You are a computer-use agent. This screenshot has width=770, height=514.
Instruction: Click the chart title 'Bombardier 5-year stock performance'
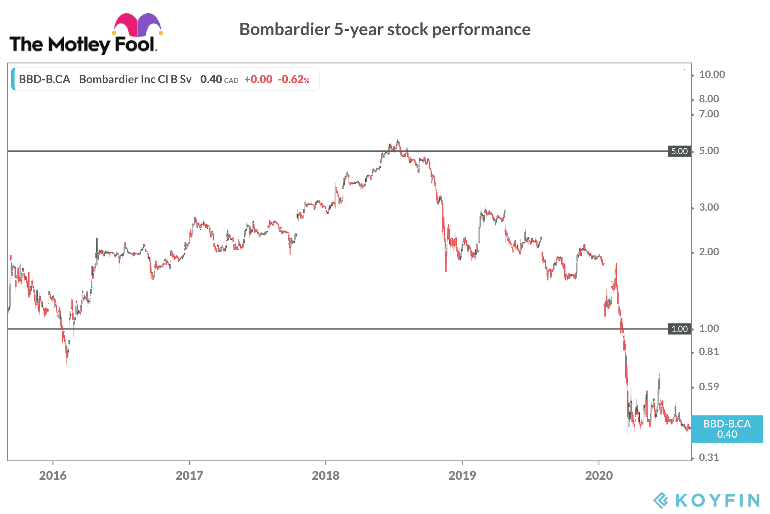click(385, 30)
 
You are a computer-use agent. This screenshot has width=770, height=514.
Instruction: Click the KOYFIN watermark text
click(717, 500)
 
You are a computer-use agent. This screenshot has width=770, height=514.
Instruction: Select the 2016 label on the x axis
click(53, 475)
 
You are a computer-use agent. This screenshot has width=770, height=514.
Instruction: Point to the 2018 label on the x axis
click(326, 475)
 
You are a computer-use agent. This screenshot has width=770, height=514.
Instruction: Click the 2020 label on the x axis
click(598, 475)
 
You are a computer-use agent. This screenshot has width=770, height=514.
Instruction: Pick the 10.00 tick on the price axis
click(712, 75)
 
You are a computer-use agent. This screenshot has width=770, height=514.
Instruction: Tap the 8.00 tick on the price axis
click(709, 99)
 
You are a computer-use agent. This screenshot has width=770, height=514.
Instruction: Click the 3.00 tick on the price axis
click(709, 207)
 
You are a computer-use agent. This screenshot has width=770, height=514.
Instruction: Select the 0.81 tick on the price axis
click(709, 352)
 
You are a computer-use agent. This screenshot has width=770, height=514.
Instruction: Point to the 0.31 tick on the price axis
click(709, 457)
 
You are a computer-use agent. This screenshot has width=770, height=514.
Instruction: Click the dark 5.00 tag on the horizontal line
click(679, 151)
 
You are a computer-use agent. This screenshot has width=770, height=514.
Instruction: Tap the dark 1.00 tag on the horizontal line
click(679, 329)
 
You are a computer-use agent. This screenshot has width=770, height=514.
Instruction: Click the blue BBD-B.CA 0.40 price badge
click(727, 429)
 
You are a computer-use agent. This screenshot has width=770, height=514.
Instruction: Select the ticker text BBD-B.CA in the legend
click(44, 79)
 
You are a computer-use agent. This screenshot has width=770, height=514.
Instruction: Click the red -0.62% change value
click(293, 79)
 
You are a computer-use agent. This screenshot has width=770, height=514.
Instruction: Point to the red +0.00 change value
click(258, 79)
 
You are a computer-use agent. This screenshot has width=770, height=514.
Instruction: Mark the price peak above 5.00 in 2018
click(398, 141)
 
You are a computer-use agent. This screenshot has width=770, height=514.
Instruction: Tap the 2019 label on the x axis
click(462, 475)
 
